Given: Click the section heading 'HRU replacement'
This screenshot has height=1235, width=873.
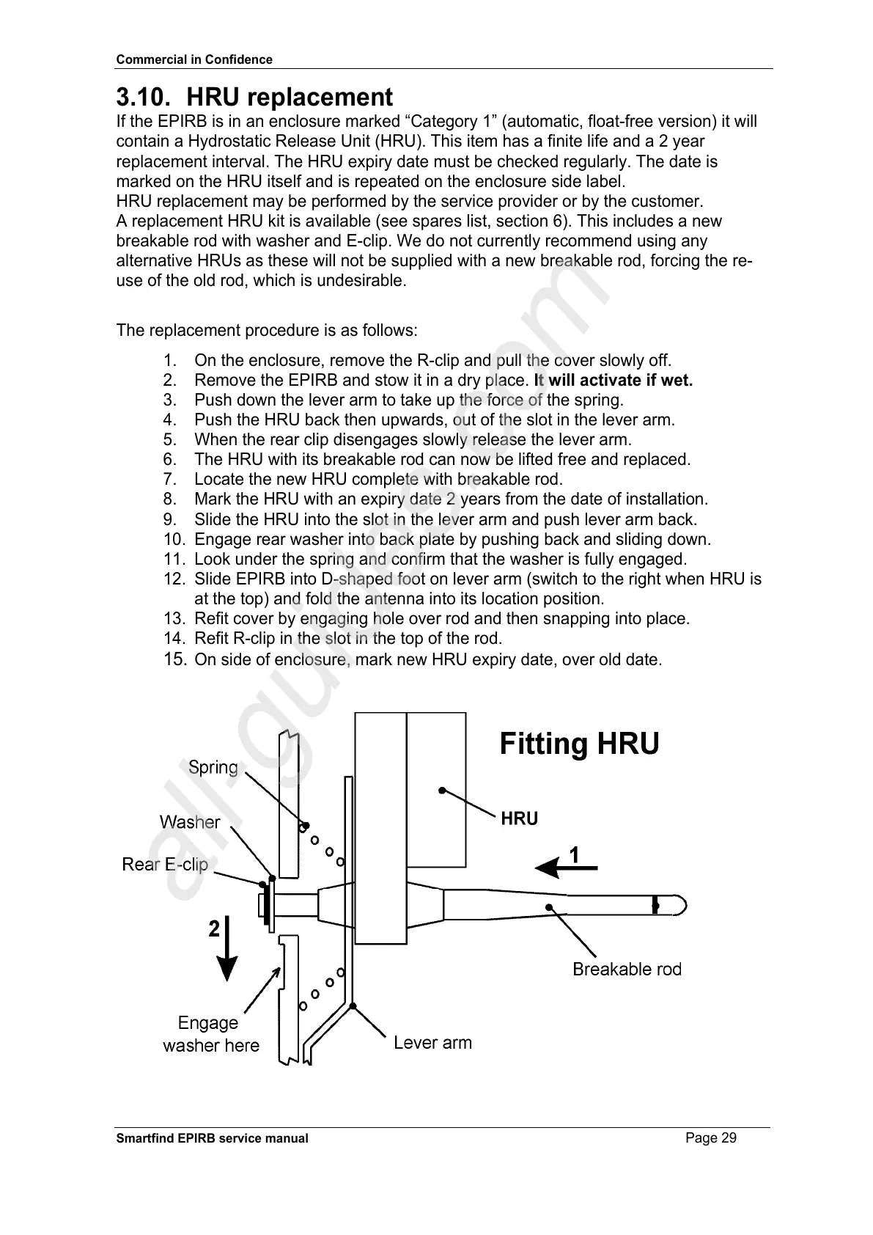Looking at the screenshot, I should pyautogui.click(x=290, y=97).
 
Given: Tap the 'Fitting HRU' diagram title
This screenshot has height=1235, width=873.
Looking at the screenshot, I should pyautogui.click(x=579, y=744).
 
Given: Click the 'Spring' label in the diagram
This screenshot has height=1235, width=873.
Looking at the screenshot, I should pyautogui.click(x=213, y=768).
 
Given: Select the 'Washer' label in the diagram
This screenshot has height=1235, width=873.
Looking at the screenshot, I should pyautogui.click(x=190, y=822).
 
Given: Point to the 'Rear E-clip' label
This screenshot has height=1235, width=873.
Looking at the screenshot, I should pyautogui.click(x=165, y=865).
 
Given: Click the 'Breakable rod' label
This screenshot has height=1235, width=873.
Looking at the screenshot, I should pyautogui.click(x=627, y=969).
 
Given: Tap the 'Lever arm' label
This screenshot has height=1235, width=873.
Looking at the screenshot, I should pyautogui.click(x=432, y=1042).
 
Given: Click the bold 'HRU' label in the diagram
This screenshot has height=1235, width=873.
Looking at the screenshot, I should pyautogui.click(x=519, y=818).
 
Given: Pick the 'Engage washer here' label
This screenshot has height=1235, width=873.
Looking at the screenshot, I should pyautogui.click(x=210, y=1033).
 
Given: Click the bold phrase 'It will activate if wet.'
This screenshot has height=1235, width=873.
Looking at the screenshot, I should pyautogui.click(x=613, y=380).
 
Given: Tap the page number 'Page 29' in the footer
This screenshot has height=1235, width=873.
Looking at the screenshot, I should pyautogui.click(x=711, y=1138).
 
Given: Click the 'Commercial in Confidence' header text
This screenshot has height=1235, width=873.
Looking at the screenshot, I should pyautogui.click(x=194, y=59).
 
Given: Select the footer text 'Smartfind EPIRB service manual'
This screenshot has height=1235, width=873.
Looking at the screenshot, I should pyautogui.click(x=213, y=1138).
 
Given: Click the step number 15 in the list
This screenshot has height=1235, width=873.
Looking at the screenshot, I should pyautogui.click(x=174, y=659).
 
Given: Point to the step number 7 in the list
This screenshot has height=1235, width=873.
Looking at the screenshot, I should pyautogui.click(x=170, y=479).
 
